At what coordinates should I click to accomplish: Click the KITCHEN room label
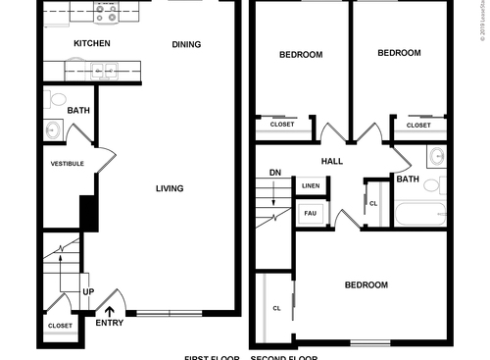point(92,44)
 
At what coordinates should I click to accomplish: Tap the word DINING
point(186,44)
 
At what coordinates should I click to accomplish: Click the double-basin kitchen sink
point(101,70)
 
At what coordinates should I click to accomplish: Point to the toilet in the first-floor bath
point(55,99)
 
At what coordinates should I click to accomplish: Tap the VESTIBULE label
point(67,164)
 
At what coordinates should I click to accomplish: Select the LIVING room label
point(171,188)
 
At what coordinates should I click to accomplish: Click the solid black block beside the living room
point(89,213)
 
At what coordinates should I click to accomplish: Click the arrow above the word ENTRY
point(108,312)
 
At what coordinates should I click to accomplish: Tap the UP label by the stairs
point(88,292)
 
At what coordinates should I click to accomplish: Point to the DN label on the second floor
point(275,174)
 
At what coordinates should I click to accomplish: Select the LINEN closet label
point(311,185)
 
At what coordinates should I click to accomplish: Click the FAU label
point(310,213)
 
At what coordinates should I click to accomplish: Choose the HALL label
point(331,161)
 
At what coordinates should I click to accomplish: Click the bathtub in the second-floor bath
point(419,213)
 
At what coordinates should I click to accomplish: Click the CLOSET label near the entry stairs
point(59,326)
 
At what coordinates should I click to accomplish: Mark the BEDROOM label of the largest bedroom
point(366,285)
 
